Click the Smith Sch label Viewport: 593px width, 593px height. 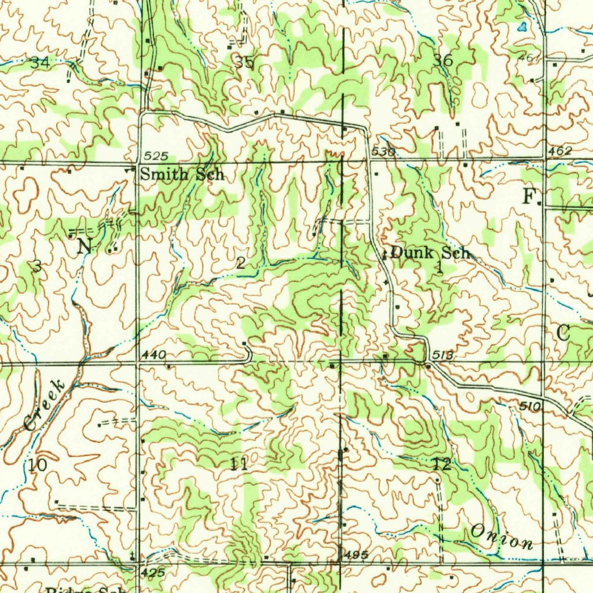coord(182,174)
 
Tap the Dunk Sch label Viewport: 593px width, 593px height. coord(430,252)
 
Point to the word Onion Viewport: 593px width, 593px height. coord(502,537)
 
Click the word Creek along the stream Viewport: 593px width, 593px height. coord(44,405)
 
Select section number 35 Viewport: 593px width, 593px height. coord(244,61)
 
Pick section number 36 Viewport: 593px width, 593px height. coord(443,60)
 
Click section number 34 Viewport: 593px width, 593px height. coord(40,63)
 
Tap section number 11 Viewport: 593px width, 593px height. coord(239,463)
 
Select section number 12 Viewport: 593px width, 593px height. coord(441,463)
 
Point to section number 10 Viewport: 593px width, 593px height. coord(36,465)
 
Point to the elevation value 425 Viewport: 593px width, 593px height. coord(153,572)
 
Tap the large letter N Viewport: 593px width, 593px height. coord(85,246)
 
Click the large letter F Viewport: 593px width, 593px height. coord(529,196)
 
